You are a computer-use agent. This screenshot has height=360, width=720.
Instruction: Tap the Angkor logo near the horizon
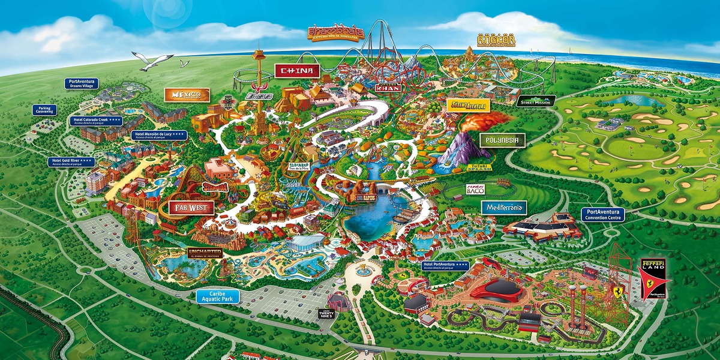point(493,40)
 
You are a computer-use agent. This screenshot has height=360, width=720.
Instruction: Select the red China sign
point(297,71)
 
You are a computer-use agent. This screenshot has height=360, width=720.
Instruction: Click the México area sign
point(187,95)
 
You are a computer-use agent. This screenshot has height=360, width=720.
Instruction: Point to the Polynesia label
point(502,140)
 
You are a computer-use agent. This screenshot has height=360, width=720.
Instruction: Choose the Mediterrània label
point(504,208)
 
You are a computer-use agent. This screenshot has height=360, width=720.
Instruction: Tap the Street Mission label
point(536,101)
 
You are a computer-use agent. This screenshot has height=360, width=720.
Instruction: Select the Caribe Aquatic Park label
point(218,296)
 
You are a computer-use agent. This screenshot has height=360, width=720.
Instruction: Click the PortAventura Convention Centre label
point(603,215)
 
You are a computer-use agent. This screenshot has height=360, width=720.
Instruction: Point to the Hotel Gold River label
point(71,162)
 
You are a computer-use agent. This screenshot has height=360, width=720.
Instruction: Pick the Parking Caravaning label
point(44,110)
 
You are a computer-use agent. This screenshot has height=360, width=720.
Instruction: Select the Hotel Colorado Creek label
point(98,120)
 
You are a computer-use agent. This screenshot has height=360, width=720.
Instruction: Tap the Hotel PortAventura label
point(446,265)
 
